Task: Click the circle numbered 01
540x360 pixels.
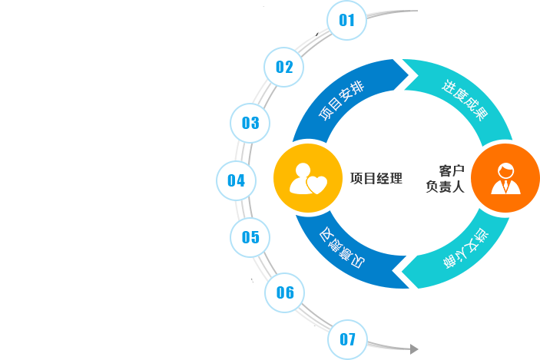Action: pos(347,20)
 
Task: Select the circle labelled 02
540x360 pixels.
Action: pos(284,67)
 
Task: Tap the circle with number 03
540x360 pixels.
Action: pos(250,123)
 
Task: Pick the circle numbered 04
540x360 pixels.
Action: pos(236,181)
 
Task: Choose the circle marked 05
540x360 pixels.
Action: pos(250,237)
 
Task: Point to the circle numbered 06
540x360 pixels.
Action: pos(285,292)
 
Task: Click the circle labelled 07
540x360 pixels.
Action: pos(347,339)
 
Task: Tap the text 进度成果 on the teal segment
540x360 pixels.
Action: pos(464,101)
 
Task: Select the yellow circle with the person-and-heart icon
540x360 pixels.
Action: pos(306,178)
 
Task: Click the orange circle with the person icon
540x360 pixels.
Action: pos(505,177)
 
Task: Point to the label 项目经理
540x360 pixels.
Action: pos(376,179)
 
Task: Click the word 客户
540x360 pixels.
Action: pos(452,170)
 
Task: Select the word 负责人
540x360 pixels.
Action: pos(446,187)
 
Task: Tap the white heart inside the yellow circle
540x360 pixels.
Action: pos(316,184)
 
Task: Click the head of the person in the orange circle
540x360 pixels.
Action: pos(505,170)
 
